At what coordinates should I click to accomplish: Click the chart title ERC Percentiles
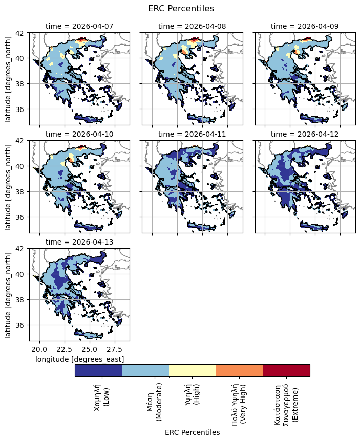pyautogui.click(x=181, y=8)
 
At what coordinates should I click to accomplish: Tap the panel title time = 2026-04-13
pyautogui.click(x=79, y=241)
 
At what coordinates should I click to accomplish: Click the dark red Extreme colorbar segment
pyautogui.click(x=286, y=370)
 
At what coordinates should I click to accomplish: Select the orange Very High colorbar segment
pyautogui.click(x=239, y=370)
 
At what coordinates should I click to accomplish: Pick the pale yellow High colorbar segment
pyautogui.click(x=192, y=370)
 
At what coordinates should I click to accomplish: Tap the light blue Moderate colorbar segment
pyautogui.click(x=145, y=370)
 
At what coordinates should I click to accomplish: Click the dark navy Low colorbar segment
pyautogui.click(x=98, y=370)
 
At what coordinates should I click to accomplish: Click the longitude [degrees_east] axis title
pyautogui.click(x=79, y=359)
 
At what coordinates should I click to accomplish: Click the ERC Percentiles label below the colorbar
pyautogui.click(x=192, y=432)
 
